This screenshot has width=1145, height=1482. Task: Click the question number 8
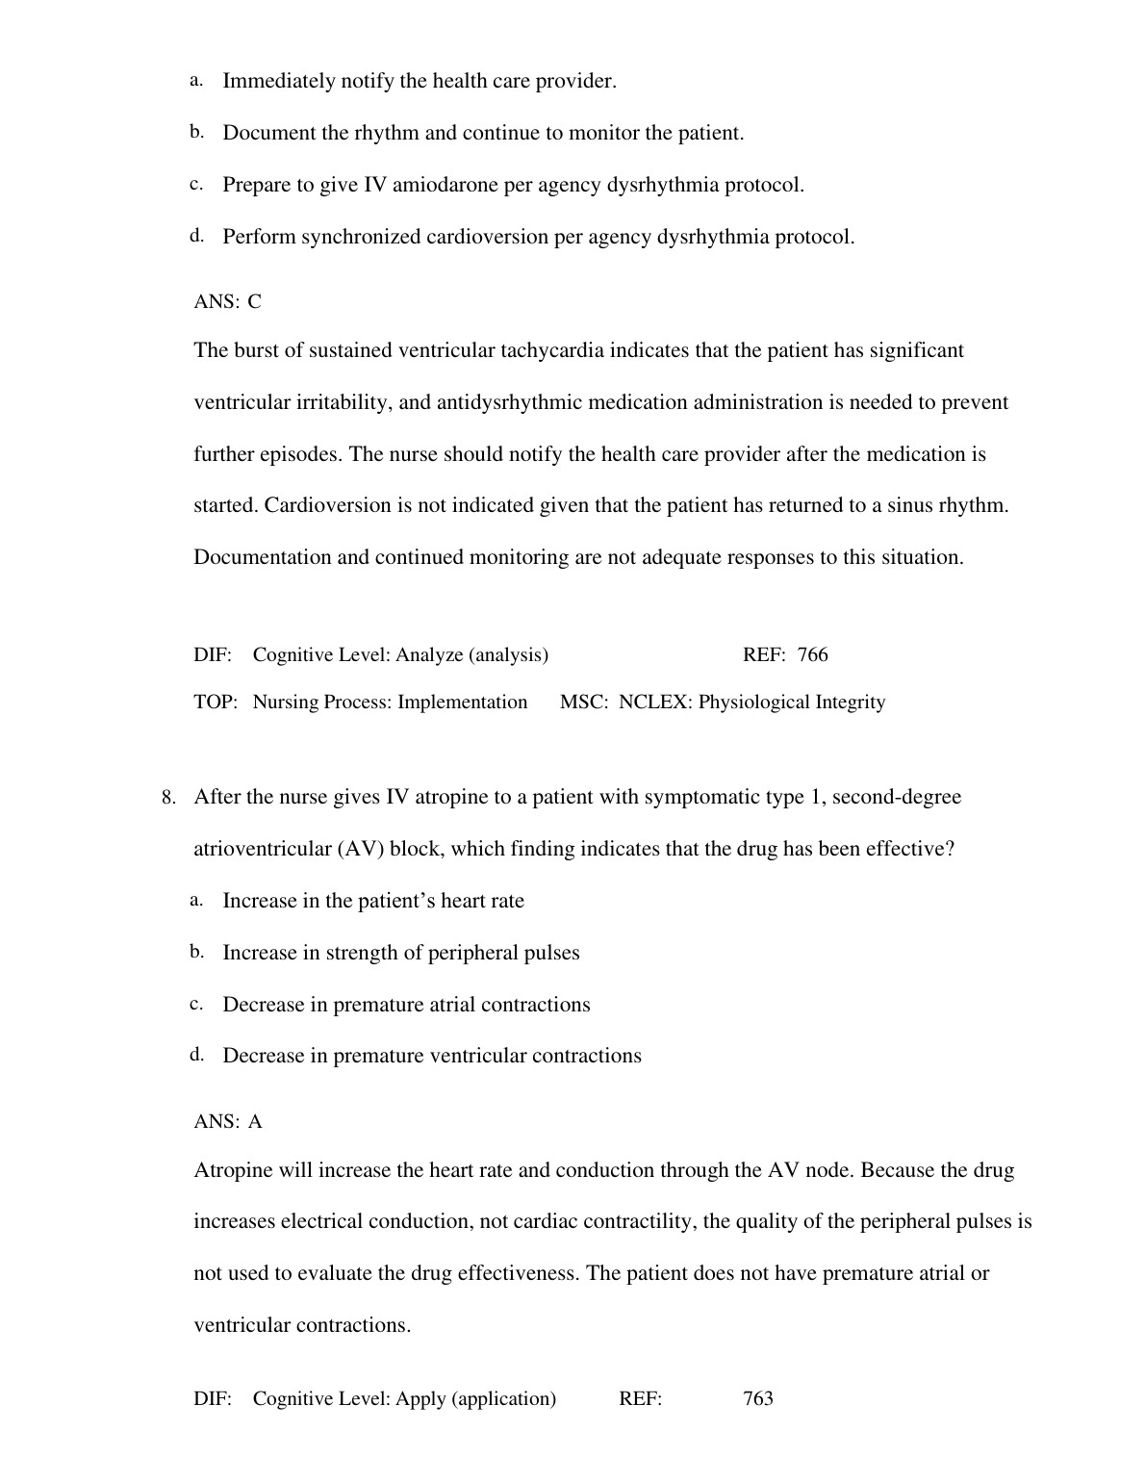pos(167,798)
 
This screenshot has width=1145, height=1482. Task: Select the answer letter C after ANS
pos(254,302)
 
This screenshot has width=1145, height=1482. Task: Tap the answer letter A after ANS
pos(255,1122)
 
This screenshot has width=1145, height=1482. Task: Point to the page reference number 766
pos(812,655)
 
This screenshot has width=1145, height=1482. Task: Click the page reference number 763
pos(758,1399)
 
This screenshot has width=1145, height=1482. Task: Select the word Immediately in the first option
pos(272,82)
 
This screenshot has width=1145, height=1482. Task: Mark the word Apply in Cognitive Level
pos(420,1399)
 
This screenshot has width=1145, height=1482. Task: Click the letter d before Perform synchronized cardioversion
pos(196,236)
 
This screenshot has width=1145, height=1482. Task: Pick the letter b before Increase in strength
pos(196,952)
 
